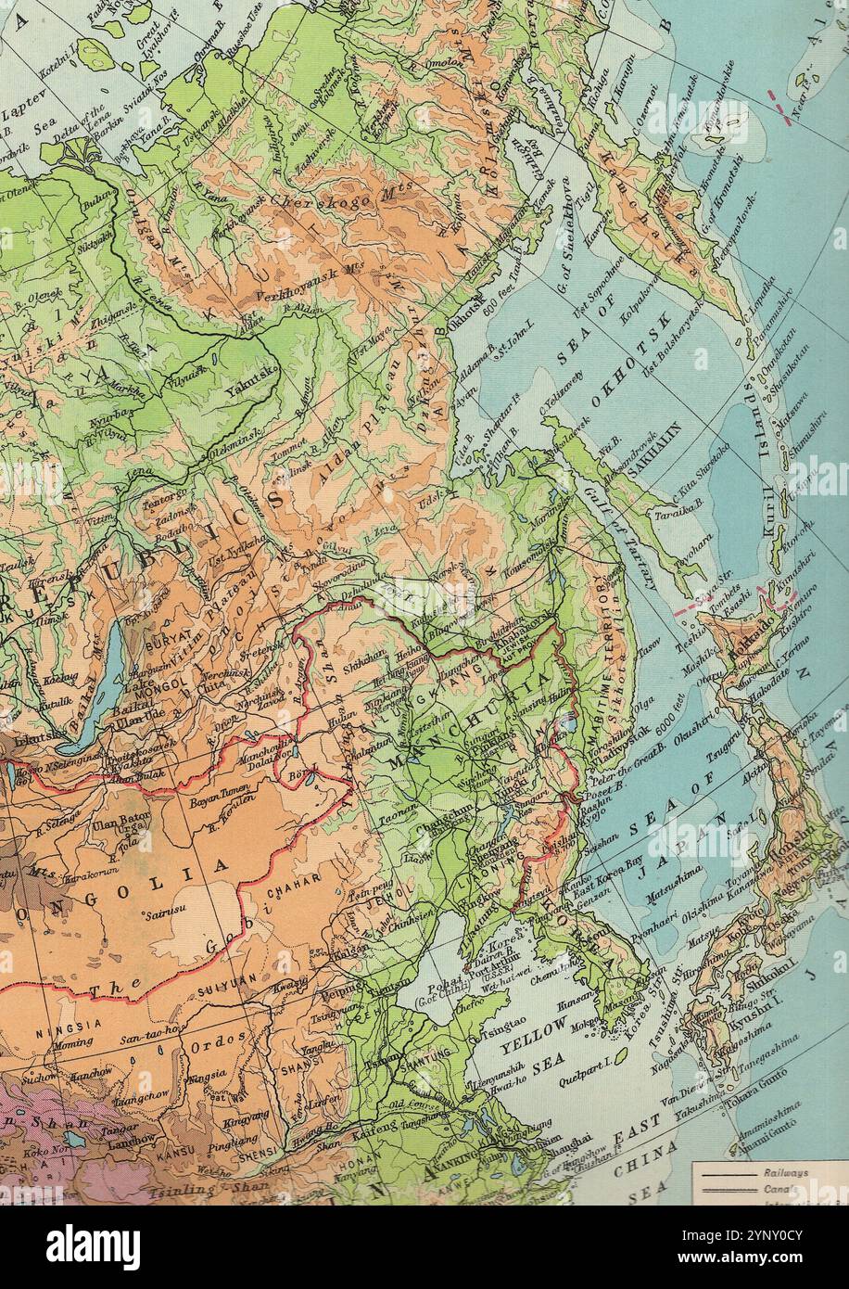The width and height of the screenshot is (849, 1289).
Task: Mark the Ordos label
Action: tap(220, 1039)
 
